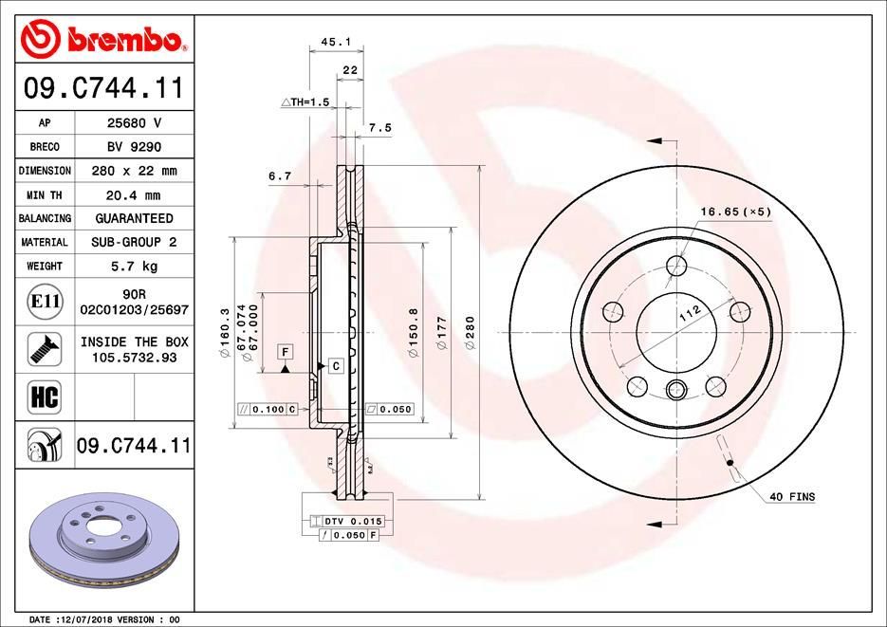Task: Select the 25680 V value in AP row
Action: (133, 123)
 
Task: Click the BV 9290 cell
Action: (133, 147)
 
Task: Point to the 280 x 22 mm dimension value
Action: (133, 171)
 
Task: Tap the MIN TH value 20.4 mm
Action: (133, 194)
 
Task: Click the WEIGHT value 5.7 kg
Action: (133, 267)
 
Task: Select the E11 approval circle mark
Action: (46, 302)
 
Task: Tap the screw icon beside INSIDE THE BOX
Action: (46, 348)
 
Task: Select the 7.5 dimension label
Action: (380, 127)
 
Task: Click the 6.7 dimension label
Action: (279, 175)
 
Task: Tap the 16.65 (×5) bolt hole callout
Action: (735, 211)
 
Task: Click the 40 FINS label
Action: (791, 497)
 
